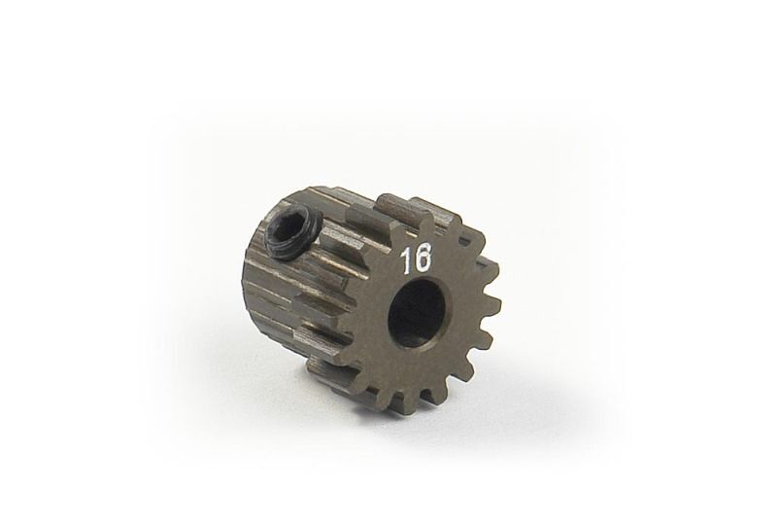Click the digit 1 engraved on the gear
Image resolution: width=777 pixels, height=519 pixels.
point(403,259)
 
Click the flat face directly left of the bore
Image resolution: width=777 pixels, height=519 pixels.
point(374,316)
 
